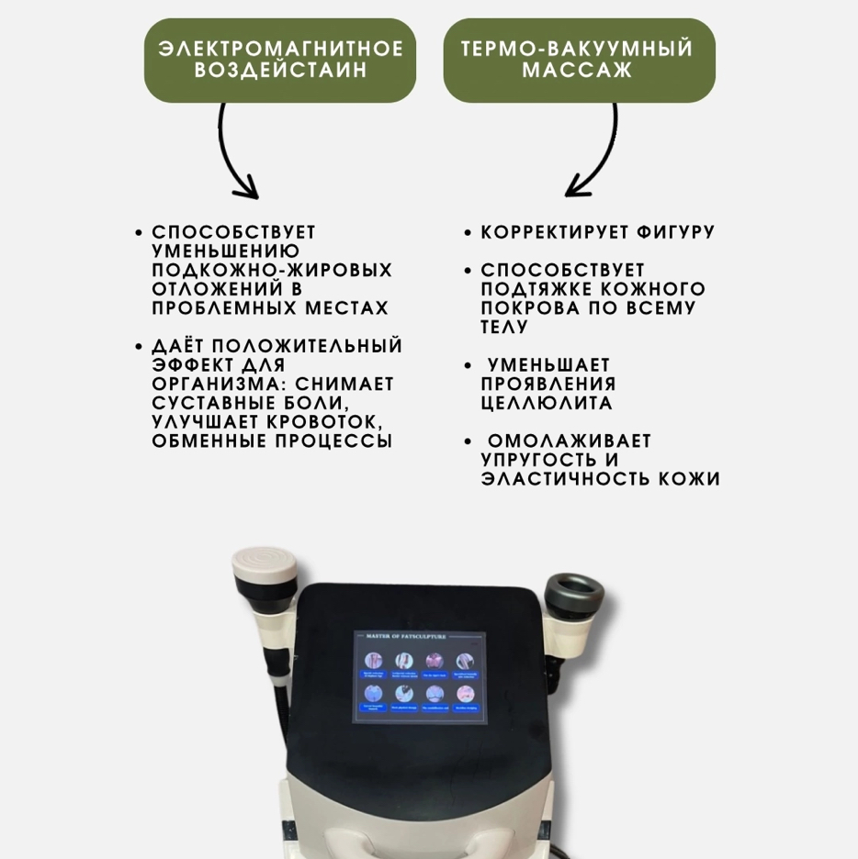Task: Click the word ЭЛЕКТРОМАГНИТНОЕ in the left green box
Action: (x=280, y=49)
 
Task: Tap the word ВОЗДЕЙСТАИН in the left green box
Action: (x=280, y=71)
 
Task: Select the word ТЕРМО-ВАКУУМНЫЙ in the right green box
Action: (x=578, y=49)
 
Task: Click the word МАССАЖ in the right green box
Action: (x=578, y=71)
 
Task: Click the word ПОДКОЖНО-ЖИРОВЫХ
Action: (x=272, y=271)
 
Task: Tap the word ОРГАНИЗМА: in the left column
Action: (x=212, y=385)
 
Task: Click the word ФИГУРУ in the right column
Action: (x=676, y=233)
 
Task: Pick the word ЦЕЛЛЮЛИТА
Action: (x=547, y=404)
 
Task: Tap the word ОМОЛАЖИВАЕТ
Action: (x=570, y=441)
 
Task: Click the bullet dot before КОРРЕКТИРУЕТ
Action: (x=469, y=234)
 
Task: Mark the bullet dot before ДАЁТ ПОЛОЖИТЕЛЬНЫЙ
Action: (x=139, y=348)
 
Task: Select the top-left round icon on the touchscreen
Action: (x=374, y=660)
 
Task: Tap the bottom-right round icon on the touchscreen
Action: (x=466, y=693)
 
